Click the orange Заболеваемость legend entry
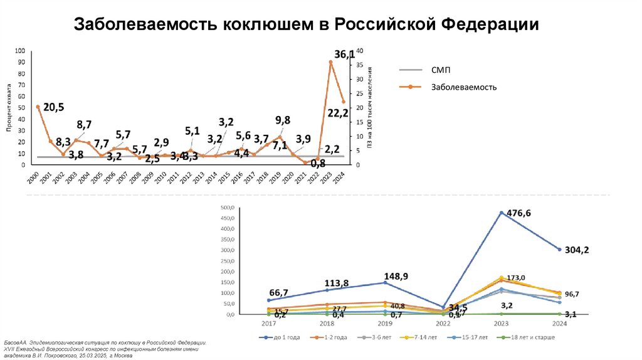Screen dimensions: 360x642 tap(463, 87)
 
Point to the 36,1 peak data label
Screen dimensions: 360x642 tap(344, 55)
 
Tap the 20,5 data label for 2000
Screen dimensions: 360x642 tap(55, 107)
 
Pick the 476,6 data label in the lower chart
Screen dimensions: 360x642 tap(518, 213)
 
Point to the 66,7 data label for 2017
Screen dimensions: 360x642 tap(279, 293)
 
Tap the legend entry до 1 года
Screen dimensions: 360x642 tap(287, 337)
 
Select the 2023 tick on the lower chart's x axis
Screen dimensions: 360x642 tap(502, 324)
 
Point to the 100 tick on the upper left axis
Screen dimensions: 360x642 tap(21, 51)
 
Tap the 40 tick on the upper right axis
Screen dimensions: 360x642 tap(359, 51)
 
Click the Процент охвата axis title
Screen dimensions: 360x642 tap(9, 108)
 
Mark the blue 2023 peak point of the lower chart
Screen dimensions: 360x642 tap(502, 213)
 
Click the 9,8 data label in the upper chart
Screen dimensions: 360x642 tap(283, 119)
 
